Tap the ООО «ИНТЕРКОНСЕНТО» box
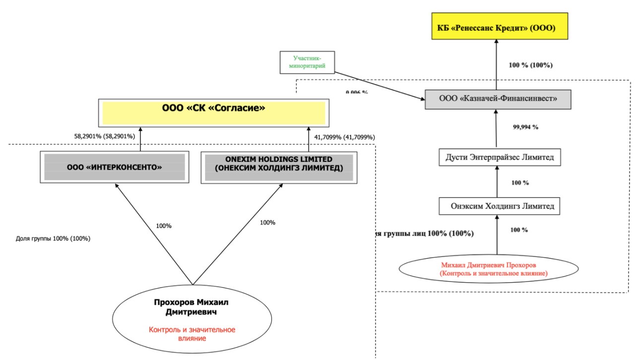point(115,168)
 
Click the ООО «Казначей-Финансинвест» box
point(498,99)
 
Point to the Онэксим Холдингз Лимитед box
point(499,205)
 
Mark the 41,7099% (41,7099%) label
point(345,137)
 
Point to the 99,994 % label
point(525,127)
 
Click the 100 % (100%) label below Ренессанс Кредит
point(531,65)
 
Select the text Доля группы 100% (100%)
point(53,238)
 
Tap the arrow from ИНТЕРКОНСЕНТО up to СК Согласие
point(140,140)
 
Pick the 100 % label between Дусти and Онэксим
point(520,182)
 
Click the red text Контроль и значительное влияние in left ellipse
point(192,334)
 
